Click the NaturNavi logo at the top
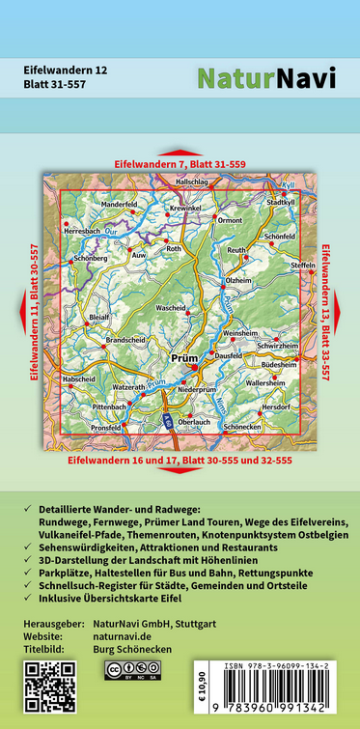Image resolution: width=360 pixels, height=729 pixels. click(266, 79)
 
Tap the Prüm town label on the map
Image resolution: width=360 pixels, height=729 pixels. click(182, 357)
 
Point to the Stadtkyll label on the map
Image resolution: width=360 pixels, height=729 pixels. click(279, 203)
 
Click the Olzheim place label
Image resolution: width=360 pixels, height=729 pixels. click(237, 280)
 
